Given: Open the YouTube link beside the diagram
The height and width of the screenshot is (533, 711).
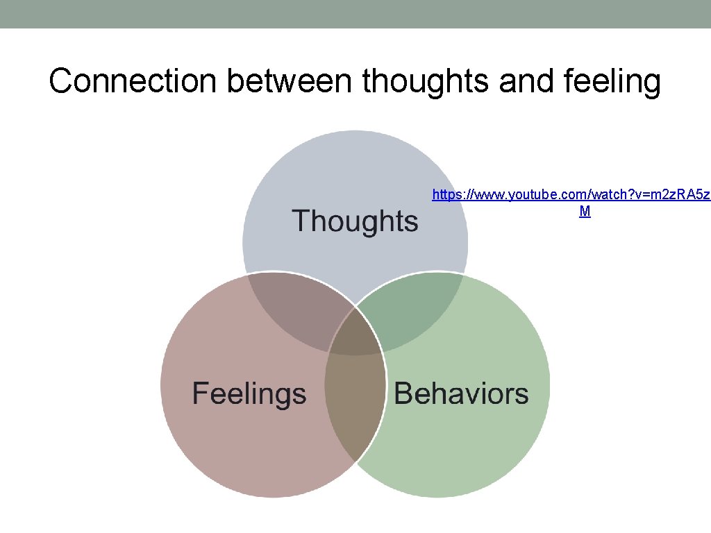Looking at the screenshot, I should click(x=569, y=195).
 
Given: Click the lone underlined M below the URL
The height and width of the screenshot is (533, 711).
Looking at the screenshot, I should click(x=585, y=212).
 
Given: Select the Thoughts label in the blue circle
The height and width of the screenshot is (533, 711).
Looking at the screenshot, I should click(x=355, y=221).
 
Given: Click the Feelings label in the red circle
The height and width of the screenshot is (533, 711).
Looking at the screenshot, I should click(x=249, y=394).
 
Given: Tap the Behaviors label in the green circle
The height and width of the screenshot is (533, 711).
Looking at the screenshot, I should click(x=461, y=394).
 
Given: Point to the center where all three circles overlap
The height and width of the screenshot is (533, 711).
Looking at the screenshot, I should click(x=355, y=333).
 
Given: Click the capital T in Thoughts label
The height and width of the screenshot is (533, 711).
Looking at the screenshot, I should click(x=301, y=221).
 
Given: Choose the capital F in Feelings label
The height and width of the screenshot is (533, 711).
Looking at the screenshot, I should click(x=201, y=394).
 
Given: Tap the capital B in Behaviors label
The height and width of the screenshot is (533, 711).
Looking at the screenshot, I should click(x=403, y=394).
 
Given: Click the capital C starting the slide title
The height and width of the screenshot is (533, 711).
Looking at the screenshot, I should click(x=61, y=82).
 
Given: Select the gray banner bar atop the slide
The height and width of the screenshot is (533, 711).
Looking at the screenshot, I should click(x=355, y=14).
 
